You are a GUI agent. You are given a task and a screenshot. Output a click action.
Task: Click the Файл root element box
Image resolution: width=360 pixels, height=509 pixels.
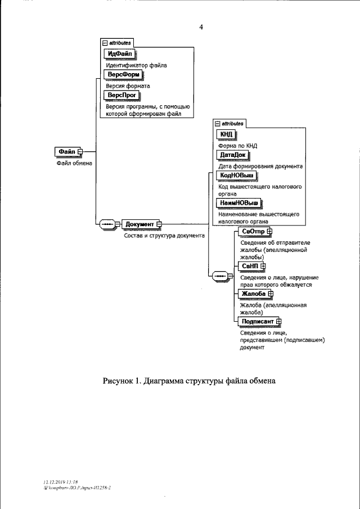[66, 151]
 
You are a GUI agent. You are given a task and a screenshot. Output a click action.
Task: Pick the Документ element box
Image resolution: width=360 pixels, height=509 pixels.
[139, 224]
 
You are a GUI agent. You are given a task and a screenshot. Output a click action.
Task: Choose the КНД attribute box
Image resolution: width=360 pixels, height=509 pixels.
[226, 134]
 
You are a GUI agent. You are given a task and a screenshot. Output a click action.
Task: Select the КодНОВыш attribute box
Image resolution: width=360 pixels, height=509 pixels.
[236, 175]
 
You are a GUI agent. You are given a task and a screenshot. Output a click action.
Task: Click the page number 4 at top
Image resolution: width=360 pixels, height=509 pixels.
[200, 26]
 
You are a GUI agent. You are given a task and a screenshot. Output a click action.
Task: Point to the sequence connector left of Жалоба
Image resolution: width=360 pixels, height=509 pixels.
[219, 276]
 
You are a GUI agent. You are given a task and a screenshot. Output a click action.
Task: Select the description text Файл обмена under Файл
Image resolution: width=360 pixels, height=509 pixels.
[74, 164]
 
